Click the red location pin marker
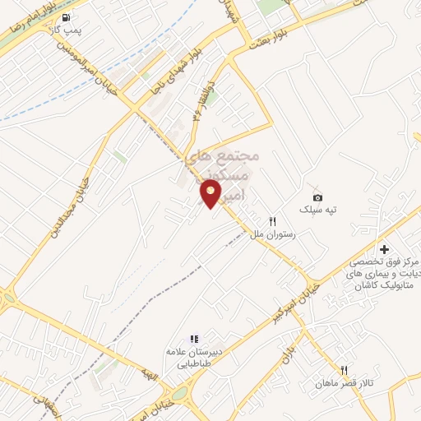(211, 193)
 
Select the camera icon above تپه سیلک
(318, 197)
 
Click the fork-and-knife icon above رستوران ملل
(274, 220)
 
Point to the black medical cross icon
(383, 249)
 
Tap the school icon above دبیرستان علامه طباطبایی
(194, 338)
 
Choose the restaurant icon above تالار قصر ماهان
(345, 370)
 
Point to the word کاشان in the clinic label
(368, 286)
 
